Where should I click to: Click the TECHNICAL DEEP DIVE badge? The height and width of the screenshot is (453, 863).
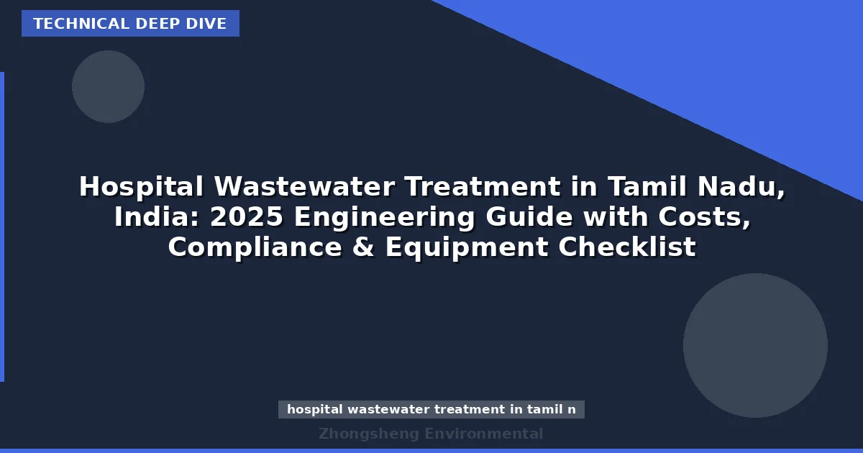coord(130,24)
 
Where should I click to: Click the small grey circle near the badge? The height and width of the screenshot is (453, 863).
coord(108,86)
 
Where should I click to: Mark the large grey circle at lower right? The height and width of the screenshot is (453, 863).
coord(755,345)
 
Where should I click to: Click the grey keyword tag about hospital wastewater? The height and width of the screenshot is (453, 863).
coord(431,409)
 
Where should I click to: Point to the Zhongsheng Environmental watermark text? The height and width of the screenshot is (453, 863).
coord(431,434)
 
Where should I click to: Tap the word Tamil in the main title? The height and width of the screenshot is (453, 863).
coord(648,187)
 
